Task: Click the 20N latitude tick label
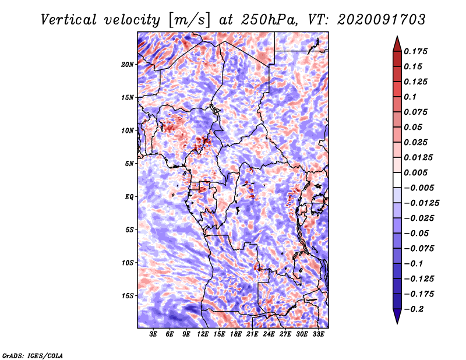pos(128,65)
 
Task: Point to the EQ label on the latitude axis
pos(129,197)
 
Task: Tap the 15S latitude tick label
pos(128,296)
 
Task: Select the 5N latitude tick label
pos(129,164)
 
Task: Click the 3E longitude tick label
pos(153,334)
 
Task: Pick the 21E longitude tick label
pos(252,334)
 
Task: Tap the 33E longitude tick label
pos(318,334)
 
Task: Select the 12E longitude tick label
pos(202,334)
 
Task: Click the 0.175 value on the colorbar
pos(415,51)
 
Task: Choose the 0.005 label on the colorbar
pos(415,172)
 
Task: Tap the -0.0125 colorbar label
pos(421,203)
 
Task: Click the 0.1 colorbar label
pos(410,97)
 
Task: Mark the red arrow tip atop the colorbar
pos(397,36)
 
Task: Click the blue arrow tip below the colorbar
pos(397,323)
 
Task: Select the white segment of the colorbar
pos(397,180)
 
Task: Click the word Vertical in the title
pos(69,20)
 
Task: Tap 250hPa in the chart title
pos(269,20)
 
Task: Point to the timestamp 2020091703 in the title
pos(382,20)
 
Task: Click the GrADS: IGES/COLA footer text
pos(33,356)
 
